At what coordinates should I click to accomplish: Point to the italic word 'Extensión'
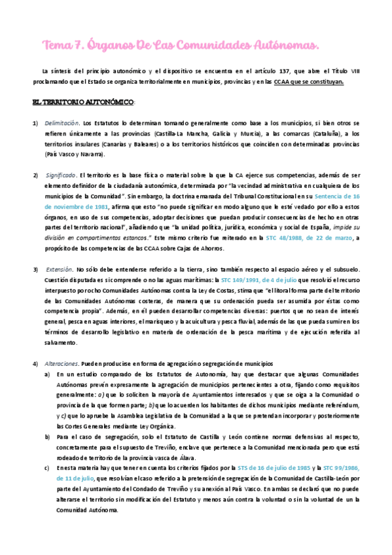[59, 269]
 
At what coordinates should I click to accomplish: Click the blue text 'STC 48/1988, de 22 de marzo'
[308, 238]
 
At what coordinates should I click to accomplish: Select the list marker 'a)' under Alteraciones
[46, 374]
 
